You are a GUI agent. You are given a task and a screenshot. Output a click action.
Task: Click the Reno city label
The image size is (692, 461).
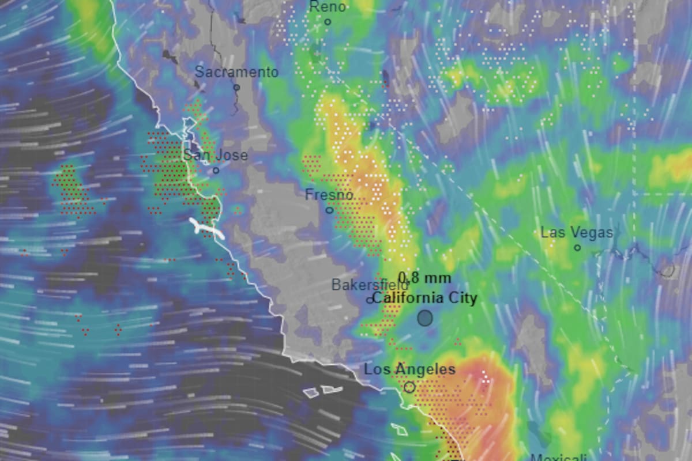click(x=328, y=7)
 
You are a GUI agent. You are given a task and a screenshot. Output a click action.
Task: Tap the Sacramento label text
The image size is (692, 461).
click(x=236, y=73)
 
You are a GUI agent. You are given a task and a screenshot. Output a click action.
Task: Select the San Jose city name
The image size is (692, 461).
click(x=216, y=156)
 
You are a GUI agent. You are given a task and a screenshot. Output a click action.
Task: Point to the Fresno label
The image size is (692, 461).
click(x=329, y=195)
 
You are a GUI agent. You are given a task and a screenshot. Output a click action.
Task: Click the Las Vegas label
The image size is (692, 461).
click(x=577, y=233)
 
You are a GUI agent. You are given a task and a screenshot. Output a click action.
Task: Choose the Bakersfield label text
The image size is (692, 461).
click(x=370, y=285)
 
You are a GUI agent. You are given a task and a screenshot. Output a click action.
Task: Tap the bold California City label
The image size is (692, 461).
click(x=424, y=298)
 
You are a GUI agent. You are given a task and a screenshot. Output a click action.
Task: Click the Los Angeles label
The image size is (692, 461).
click(x=409, y=369)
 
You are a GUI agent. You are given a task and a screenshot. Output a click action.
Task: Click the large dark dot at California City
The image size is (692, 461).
click(x=425, y=318)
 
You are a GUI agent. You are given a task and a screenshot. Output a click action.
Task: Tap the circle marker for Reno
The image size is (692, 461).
click(x=328, y=22)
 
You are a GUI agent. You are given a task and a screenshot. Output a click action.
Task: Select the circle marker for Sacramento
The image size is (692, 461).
click(x=236, y=88)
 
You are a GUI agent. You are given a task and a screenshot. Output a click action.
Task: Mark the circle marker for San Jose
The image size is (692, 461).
click(x=216, y=171)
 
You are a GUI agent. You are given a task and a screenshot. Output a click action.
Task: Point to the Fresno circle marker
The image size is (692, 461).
click(x=329, y=210)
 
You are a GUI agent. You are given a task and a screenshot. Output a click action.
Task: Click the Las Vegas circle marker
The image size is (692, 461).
click(x=577, y=248)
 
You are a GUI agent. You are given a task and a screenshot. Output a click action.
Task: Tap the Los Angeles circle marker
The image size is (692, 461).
click(x=409, y=387)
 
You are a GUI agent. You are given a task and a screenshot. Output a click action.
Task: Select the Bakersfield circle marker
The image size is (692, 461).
click(x=370, y=300)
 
